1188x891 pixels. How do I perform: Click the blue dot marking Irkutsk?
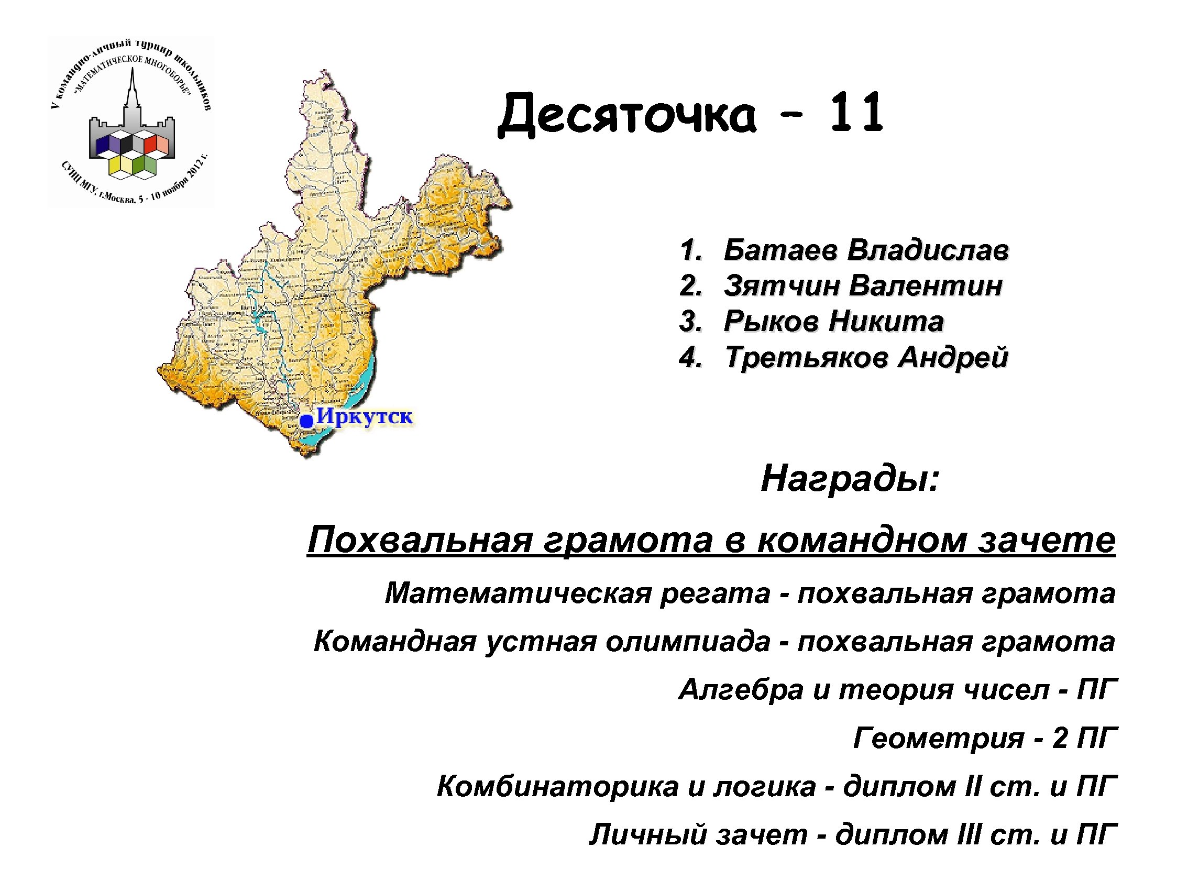(x=306, y=421)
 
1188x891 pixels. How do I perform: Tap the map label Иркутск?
(x=365, y=416)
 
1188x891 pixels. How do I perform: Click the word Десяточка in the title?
(x=627, y=114)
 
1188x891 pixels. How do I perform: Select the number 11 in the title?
(x=856, y=112)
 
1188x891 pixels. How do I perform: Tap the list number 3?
(x=690, y=321)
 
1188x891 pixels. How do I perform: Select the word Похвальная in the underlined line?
(x=420, y=539)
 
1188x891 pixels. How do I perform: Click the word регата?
(x=715, y=593)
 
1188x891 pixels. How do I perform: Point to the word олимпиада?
(x=687, y=641)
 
